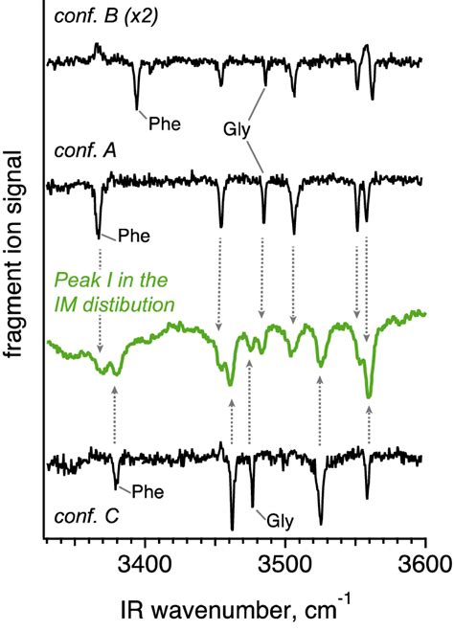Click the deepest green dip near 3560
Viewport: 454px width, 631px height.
(369, 394)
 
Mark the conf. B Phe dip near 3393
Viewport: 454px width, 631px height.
(137, 106)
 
